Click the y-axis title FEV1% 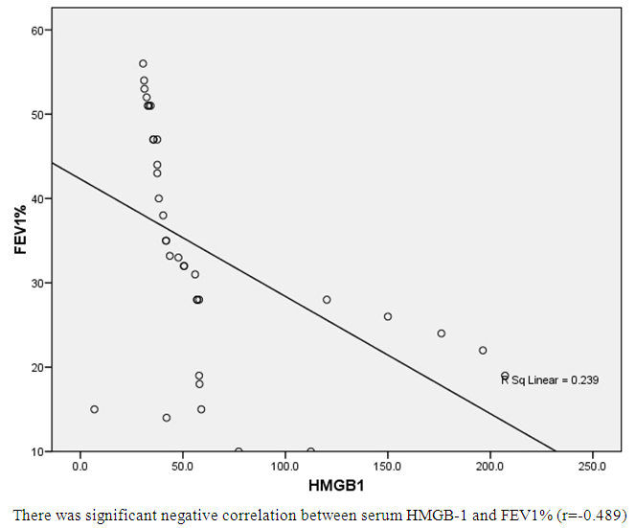[x=20, y=236]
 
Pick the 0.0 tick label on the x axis [x=79, y=467]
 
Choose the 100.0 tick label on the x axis [x=284, y=467]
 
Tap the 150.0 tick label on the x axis [x=387, y=467]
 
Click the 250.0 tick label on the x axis [x=592, y=467]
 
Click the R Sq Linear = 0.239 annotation [x=551, y=380]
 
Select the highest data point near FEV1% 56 [x=143, y=63]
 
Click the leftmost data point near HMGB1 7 [x=94, y=409]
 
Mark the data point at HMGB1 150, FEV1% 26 [x=388, y=316]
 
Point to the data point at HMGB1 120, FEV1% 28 [x=327, y=300]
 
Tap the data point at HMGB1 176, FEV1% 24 [x=442, y=333]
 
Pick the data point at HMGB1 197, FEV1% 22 [x=483, y=350]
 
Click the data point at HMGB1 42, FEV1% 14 [x=167, y=418]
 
